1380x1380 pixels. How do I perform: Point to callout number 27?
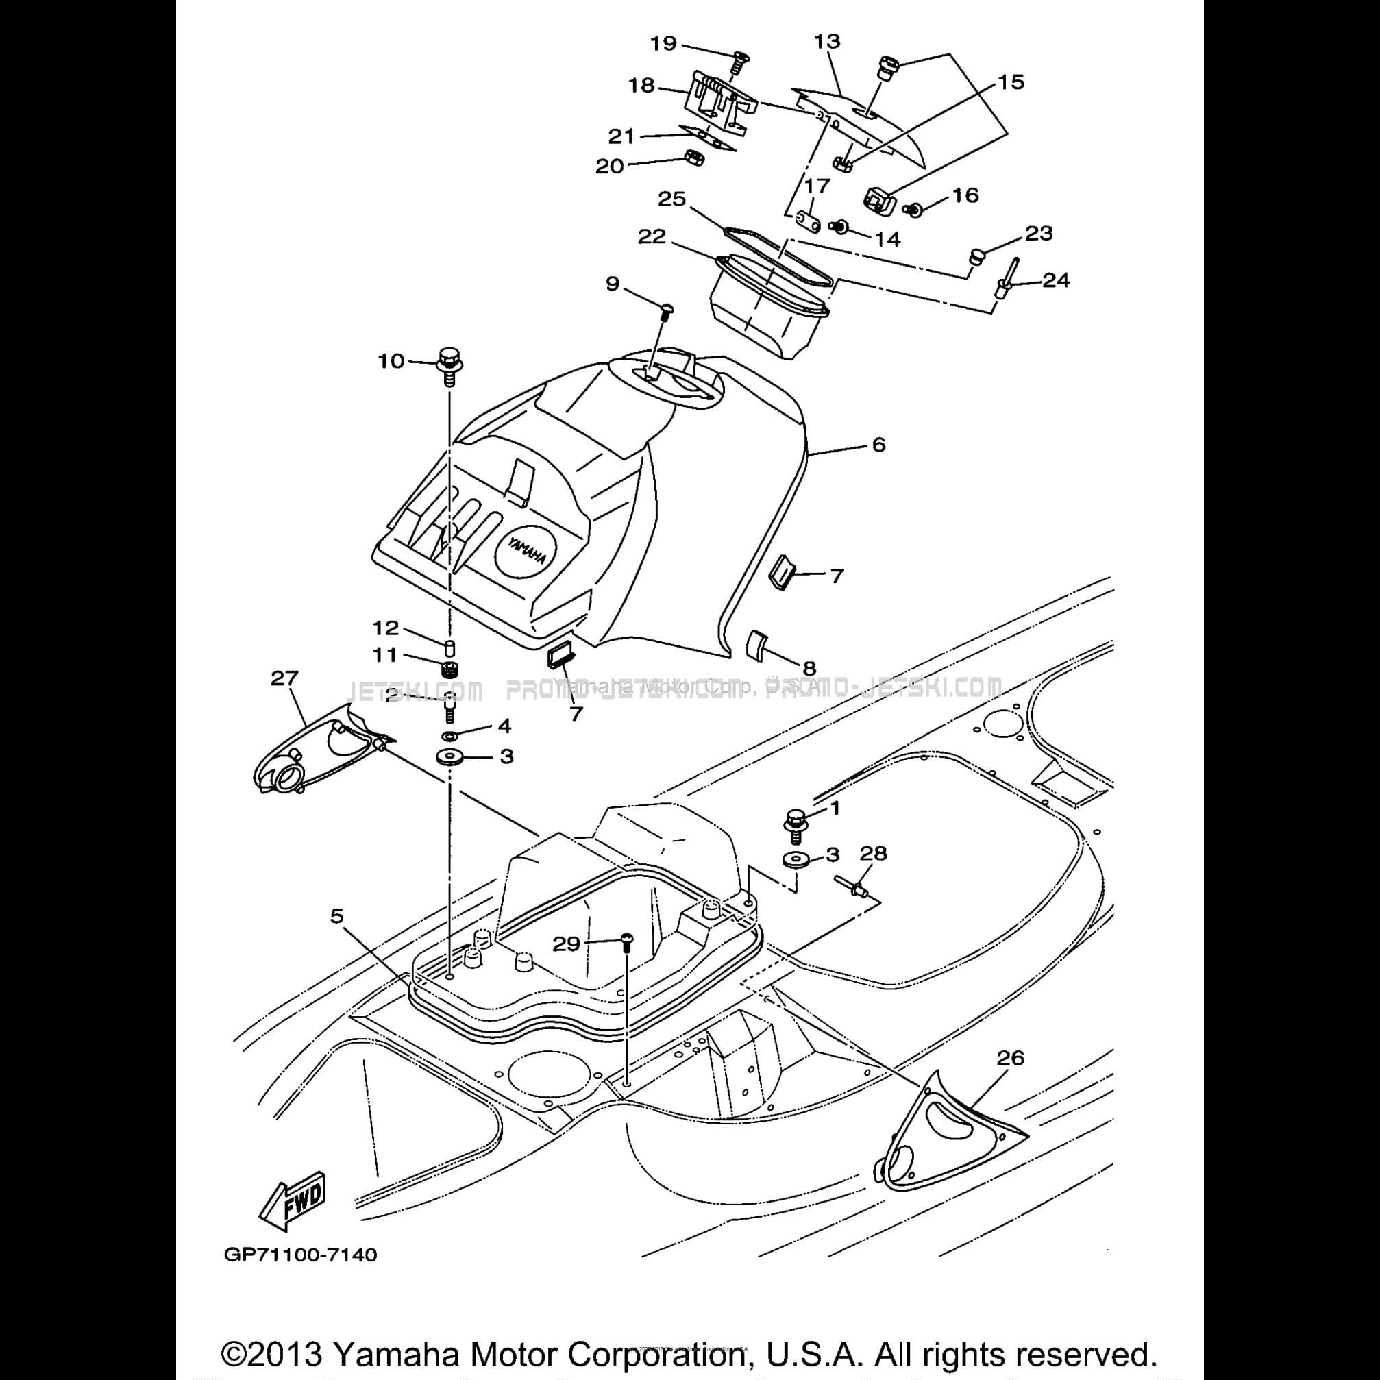284,678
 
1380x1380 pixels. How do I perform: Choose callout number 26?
1010,1058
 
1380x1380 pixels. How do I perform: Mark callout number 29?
567,944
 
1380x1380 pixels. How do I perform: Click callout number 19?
663,44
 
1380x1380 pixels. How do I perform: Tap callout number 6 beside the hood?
878,444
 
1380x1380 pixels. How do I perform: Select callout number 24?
1056,280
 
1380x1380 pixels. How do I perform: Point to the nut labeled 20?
693,158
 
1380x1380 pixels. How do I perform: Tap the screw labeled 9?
665,310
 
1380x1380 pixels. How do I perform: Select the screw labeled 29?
626,941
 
